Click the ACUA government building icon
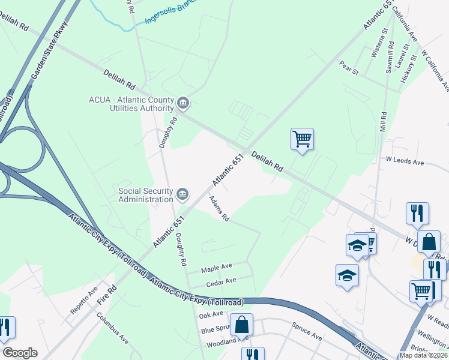coord(183,104)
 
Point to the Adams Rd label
coord(219,208)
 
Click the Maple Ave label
coord(217,266)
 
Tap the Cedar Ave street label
coord(221,280)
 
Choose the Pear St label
coord(348,68)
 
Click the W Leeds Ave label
coord(405,162)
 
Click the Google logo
coord(20,353)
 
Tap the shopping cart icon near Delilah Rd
coord(302,139)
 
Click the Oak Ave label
coord(211,315)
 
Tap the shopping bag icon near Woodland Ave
coord(241,325)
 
